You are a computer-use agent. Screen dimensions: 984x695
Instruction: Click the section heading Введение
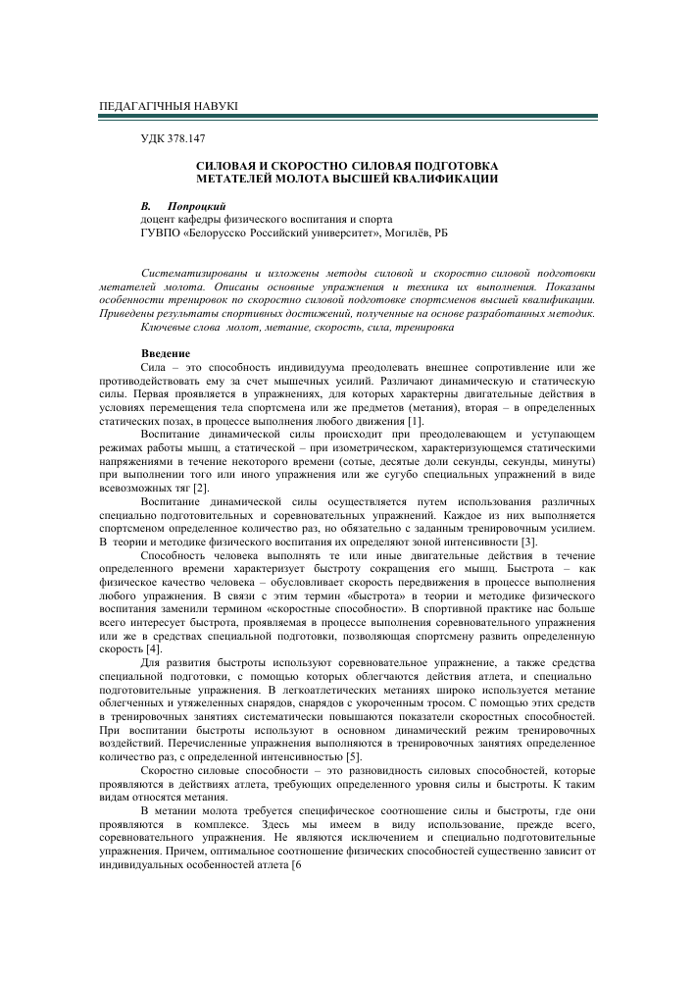click(x=167, y=352)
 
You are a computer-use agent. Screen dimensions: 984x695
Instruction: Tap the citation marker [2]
click(x=200, y=487)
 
